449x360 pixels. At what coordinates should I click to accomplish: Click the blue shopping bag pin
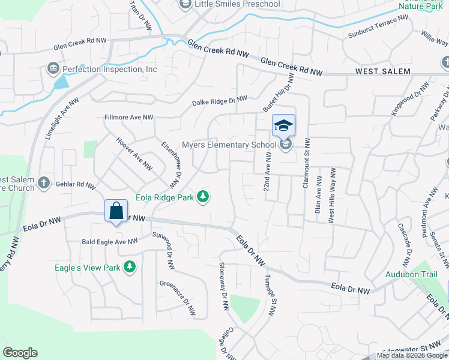116,211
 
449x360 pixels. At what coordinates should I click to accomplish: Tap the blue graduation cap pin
283,126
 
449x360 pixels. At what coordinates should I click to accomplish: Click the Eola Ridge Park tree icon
203,196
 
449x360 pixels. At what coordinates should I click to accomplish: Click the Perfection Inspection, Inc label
110,69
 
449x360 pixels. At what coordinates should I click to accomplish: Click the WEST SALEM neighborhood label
383,71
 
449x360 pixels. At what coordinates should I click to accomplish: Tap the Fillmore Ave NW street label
128,118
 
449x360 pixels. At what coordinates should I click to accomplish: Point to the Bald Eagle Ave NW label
109,242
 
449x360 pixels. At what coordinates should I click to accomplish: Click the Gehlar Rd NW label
74,185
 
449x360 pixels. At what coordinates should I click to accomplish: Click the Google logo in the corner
20,353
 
